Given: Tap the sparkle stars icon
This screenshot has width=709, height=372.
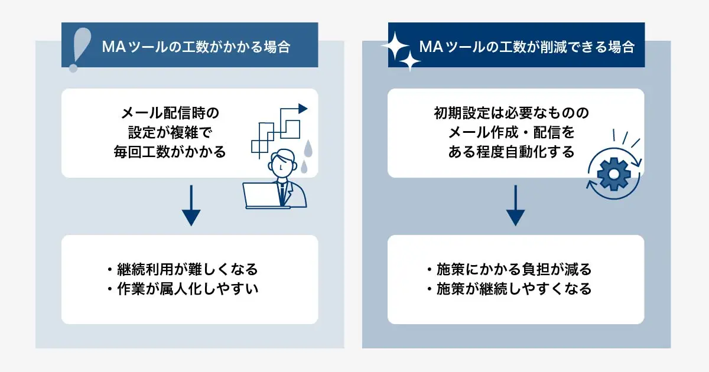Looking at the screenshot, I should [401, 50].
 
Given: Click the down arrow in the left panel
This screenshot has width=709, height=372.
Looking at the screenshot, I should [190, 206].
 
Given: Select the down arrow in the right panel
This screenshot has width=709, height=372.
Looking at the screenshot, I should [515, 206].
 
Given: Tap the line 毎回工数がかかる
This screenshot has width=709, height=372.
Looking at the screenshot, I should [170, 152].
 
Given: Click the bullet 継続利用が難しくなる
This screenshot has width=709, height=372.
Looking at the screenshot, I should [183, 269].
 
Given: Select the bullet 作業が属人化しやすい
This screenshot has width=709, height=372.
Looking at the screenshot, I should [183, 289].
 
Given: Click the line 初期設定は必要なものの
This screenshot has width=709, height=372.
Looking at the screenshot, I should [511, 112].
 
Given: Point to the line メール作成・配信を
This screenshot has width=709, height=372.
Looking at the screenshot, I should [512, 132].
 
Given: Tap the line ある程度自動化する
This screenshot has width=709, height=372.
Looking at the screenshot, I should [511, 152].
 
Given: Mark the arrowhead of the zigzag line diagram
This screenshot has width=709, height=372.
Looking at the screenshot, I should [303, 109].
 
